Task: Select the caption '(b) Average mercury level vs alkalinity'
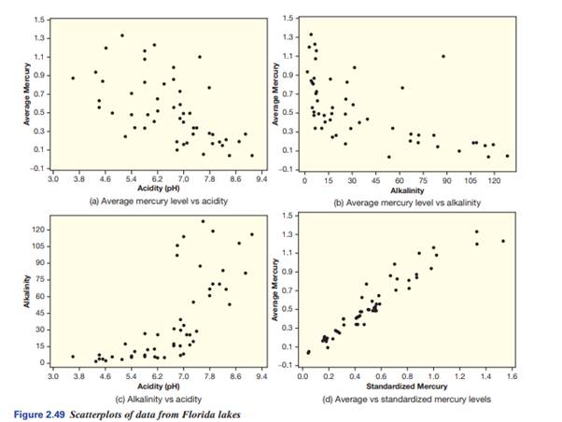[x=406, y=201]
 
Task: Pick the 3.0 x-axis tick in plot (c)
[x=52, y=374]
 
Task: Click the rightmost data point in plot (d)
[x=503, y=241]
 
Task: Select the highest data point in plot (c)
[x=203, y=221]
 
